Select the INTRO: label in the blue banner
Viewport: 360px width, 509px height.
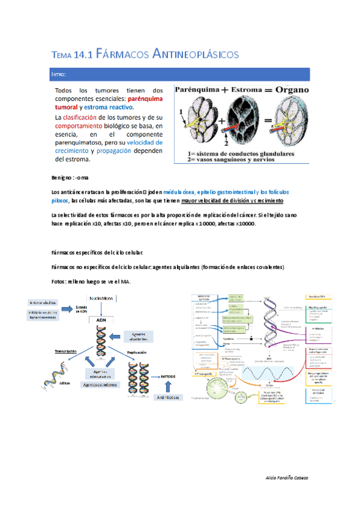(x=59, y=74)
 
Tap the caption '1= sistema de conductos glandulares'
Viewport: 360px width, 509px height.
(x=240, y=154)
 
